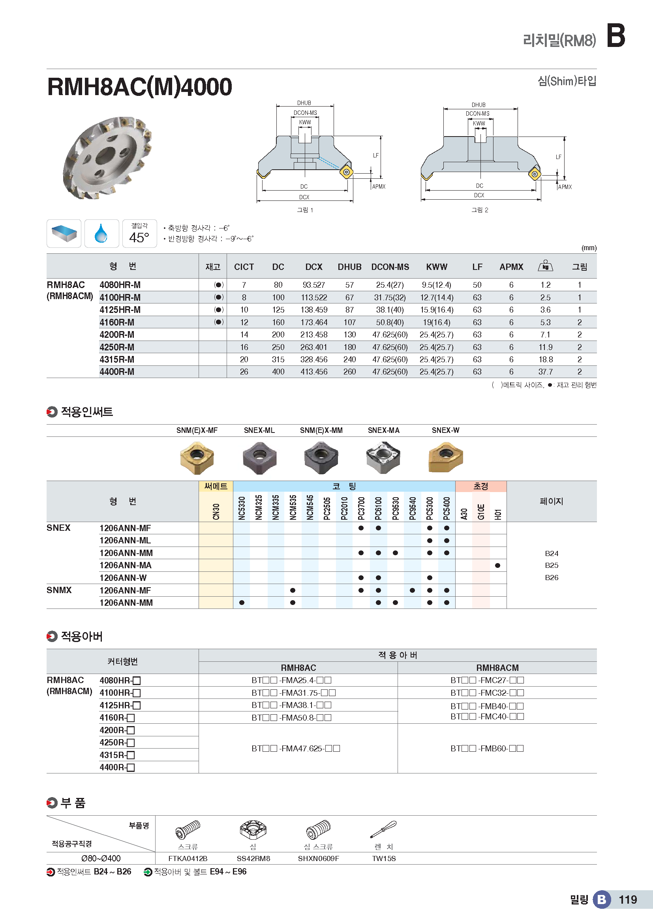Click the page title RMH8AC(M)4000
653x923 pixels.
point(139,87)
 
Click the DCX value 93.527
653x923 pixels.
point(313,285)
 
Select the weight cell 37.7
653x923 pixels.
point(545,372)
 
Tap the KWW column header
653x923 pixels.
point(437,267)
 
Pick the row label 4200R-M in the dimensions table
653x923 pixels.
point(117,335)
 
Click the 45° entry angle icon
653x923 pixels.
point(139,234)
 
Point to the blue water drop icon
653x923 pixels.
point(101,234)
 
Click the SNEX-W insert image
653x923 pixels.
point(445,457)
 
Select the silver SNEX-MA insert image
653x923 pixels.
point(383,457)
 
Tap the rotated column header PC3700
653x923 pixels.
point(361,508)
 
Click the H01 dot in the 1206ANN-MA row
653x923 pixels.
point(497,565)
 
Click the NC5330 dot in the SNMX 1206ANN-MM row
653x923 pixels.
point(242,603)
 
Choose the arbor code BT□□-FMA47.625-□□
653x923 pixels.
point(296,749)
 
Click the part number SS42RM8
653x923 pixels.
point(253,859)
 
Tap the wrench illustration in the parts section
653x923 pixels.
point(384,829)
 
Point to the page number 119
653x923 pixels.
point(628,900)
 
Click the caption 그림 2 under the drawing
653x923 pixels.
point(480,210)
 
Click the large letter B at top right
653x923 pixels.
point(615,36)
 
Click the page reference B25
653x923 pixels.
point(551,565)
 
